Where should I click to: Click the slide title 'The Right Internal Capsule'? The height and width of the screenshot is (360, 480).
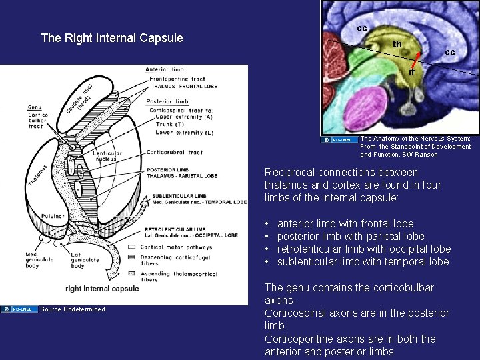point(112,38)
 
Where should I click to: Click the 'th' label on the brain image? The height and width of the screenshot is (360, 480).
point(397,44)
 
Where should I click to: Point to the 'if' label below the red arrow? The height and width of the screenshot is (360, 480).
point(411,71)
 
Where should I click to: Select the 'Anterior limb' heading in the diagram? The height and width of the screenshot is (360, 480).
point(164,70)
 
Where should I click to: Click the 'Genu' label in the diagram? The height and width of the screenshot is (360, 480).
point(35,107)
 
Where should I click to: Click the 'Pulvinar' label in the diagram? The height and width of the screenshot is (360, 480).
point(51,216)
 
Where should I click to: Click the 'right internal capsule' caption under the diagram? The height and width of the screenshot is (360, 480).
point(102,289)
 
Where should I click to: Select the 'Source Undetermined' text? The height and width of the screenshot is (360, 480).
point(73,309)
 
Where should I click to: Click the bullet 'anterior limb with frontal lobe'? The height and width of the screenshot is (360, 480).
point(345,223)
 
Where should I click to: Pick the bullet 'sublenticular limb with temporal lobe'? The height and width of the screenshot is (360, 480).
point(363,261)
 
